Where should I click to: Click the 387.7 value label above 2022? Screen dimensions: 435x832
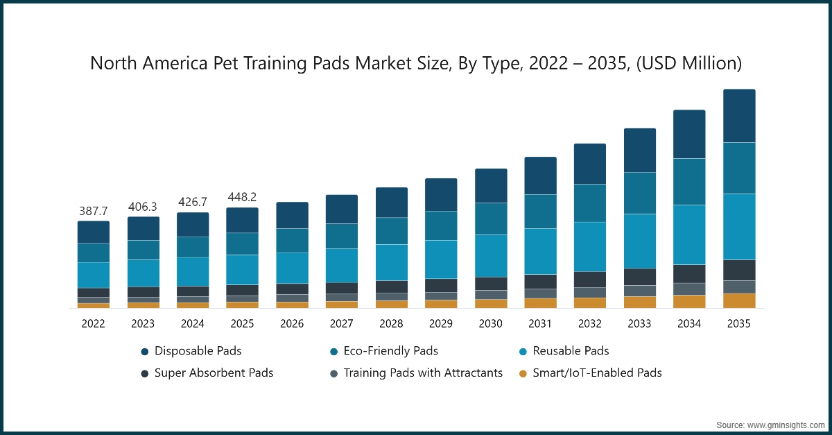pyautogui.click(x=93, y=210)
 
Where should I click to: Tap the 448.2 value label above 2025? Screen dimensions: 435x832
pyautogui.click(x=242, y=197)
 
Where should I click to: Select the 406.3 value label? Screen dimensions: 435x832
pyautogui.click(x=143, y=206)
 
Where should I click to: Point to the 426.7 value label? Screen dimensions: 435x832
pyautogui.click(x=192, y=202)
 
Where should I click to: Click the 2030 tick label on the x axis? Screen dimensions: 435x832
pyautogui.click(x=489, y=323)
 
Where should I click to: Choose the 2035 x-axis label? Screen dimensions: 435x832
pyautogui.click(x=738, y=323)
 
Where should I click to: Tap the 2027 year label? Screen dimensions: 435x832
pyautogui.click(x=341, y=323)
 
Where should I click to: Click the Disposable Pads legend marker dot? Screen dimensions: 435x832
pyautogui.click(x=145, y=352)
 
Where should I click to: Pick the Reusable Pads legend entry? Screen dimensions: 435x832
pyautogui.click(x=571, y=351)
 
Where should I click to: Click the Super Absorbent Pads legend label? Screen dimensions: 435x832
pyautogui.click(x=214, y=373)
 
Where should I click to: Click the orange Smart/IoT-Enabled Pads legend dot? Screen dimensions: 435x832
pyautogui.click(x=523, y=373)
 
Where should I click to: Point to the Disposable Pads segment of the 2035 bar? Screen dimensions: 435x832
pyautogui.click(x=739, y=116)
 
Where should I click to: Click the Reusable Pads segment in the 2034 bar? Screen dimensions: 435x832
pyautogui.click(x=689, y=234)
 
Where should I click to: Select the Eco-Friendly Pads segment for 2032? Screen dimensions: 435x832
pyautogui.click(x=589, y=203)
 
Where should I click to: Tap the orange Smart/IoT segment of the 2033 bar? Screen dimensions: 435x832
pyautogui.click(x=639, y=302)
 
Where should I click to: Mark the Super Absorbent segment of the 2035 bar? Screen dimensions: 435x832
pyautogui.click(x=739, y=270)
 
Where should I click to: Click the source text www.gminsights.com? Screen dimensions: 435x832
pyautogui.click(x=787, y=424)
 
